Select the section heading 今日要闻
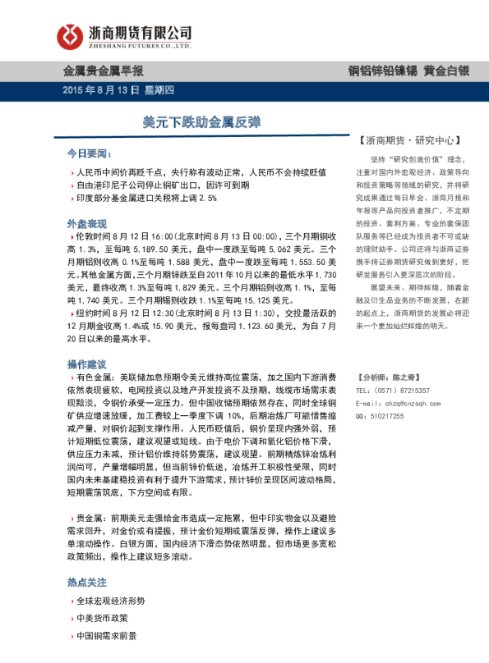tap(87, 153)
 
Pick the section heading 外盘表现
tap(87, 223)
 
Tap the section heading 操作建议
tap(87, 363)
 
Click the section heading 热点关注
tap(87, 582)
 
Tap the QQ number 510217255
tap(386, 417)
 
